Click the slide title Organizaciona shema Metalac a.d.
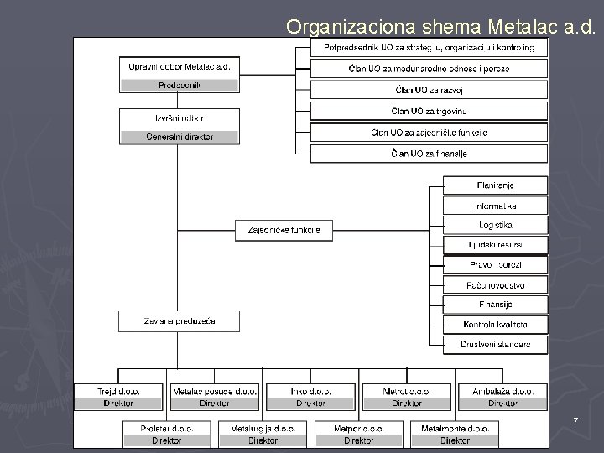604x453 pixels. [x=441, y=26]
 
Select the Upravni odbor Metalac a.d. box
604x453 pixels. [x=180, y=66]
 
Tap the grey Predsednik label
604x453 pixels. [x=180, y=85]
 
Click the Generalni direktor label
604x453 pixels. [x=180, y=137]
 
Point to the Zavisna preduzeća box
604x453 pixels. [x=180, y=321]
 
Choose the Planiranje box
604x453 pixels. [x=494, y=185]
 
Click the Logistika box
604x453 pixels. [x=494, y=225]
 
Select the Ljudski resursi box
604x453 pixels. [x=494, y=245]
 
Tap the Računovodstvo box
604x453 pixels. [x=494, y=284]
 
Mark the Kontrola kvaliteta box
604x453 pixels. [x=494, y=325]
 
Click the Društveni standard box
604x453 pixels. [x=494, y=344]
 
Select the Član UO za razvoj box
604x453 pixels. [x=428, y=90]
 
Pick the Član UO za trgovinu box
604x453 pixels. [x=428, y=111]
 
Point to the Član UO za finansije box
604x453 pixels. [x=428, y=154]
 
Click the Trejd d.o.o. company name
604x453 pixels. [x=118, y=391]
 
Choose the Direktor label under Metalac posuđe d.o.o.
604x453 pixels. [x=215, y=404]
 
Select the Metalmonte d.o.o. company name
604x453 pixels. [x=455, y=428]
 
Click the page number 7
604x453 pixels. [x=575, y=419]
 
